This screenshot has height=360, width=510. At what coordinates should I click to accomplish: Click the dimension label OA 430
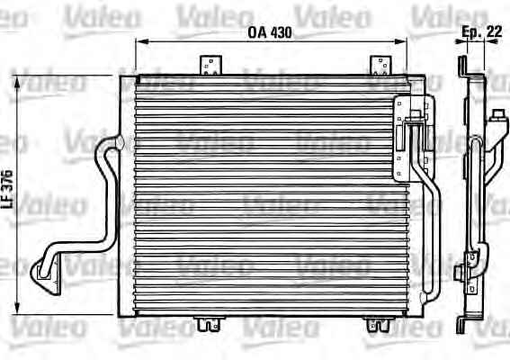pos(270,32)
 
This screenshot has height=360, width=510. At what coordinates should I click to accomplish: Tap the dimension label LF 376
pos(7,189)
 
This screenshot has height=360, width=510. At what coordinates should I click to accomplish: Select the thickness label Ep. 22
pos(482,31)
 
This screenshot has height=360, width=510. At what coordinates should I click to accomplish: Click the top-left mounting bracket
pos(210,66)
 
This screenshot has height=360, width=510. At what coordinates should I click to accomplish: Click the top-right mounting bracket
pos(380,66)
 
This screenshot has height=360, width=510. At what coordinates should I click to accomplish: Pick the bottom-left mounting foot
pos(209,323)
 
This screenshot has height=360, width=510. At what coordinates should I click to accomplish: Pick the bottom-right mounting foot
pos(379,324)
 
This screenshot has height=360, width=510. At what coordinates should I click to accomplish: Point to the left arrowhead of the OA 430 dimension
pos(140,41)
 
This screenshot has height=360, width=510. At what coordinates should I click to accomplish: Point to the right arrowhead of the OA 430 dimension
pos(401,41)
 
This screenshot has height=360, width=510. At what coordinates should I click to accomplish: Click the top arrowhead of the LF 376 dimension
pos(17,83)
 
